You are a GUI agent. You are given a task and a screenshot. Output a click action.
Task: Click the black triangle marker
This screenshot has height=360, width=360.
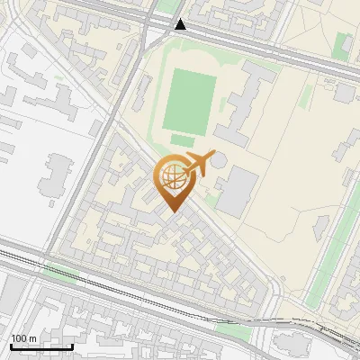(182, 25)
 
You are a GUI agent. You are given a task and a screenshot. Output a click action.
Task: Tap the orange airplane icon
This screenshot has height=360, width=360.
(199, 165)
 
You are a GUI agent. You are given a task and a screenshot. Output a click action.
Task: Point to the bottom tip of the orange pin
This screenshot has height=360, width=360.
(171, 211)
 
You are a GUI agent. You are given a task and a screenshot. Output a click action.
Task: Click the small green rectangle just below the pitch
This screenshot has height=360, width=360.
(183, 140)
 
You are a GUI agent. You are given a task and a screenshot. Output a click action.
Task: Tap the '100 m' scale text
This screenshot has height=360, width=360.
(24, 338)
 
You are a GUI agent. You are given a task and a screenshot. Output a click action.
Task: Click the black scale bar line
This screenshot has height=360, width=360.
(41, 346)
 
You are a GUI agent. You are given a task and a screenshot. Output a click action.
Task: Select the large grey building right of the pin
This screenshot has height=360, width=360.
(236, 190)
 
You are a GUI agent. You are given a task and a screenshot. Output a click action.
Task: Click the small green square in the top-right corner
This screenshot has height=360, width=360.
(341, 46)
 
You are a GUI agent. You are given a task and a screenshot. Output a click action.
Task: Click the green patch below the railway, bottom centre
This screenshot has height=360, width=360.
(233, 331)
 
